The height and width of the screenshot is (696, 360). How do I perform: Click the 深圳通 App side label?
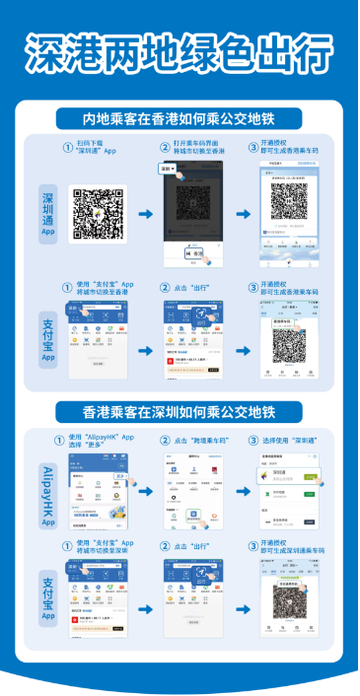pyautogui.click(x=46, y=210)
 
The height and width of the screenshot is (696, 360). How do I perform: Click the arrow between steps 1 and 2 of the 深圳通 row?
pyautogui.click(x=145, y=214)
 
